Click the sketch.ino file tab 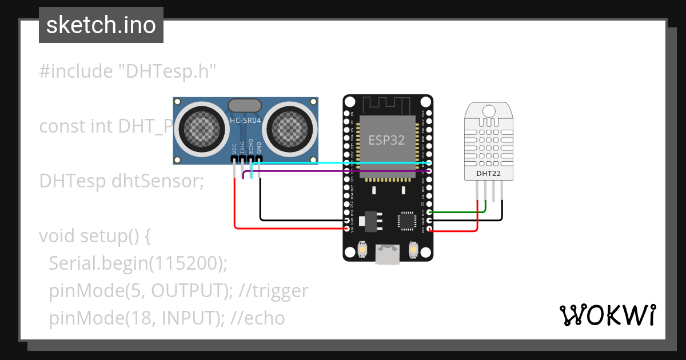tap(101, 25)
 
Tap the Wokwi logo tap(607, 315)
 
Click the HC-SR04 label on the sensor tap(245, 120)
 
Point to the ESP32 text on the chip tap(387, 140)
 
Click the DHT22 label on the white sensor tap(489, 173)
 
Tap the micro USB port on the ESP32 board tap(388, 254)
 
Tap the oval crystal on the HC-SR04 tap(245, 105)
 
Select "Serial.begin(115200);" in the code tap(138, 263)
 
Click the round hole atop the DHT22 tap(489, 110)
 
